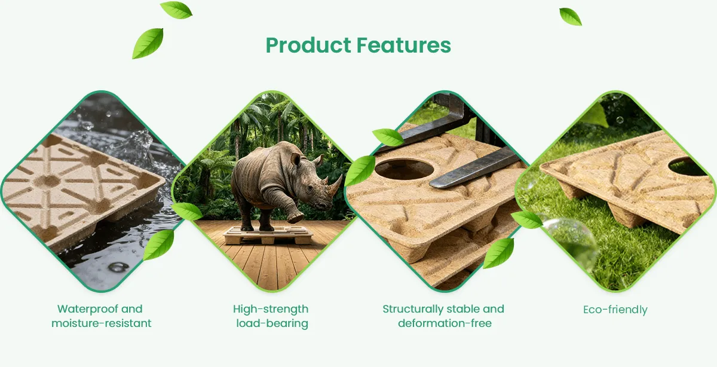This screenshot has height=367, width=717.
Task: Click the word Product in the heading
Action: pos(308,45)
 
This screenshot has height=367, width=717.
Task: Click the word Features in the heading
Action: pos(404,45)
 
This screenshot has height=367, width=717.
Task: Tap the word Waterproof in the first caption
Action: pos(84,309)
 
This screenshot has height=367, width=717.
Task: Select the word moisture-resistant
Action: pos(102,323)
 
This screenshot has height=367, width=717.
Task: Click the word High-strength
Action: pos(271,310)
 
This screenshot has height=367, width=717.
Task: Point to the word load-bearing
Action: pos(272,324)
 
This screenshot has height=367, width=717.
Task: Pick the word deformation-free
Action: pos(445,323)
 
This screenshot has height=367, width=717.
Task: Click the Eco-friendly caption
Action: pos(615,310)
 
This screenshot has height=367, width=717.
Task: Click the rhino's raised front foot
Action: pos(295,218)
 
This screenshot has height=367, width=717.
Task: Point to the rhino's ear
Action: pos(295,159)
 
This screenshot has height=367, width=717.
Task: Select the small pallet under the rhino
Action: pos(268,236)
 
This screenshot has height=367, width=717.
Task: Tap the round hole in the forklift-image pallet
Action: pos(404,169)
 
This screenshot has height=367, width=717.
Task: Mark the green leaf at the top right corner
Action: pos(571,17)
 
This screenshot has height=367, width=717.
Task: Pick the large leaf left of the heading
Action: pos(148,43)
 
